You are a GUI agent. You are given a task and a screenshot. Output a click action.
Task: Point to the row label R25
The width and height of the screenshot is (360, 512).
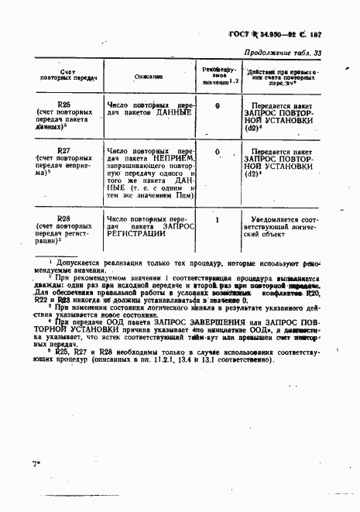[64, 103]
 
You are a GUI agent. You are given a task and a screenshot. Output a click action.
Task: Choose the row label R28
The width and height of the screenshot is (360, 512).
[64, 219]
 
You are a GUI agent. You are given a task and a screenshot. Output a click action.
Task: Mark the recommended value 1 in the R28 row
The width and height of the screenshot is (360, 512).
[218, 220]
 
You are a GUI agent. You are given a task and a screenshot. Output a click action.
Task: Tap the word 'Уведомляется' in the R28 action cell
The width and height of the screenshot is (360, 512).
[274, 220]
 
